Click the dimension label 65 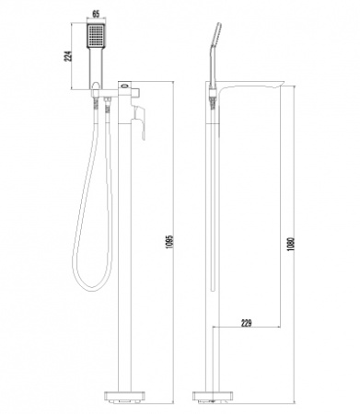[96, 14]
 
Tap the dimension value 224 [69, 56]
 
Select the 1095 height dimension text [170, 242]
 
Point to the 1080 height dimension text [291, 245]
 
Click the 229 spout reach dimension [247, 323]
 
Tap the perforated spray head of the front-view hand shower [96, 36]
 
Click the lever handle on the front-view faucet [139, 121]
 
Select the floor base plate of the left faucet [124, 396]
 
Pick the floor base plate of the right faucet [212, 396]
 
